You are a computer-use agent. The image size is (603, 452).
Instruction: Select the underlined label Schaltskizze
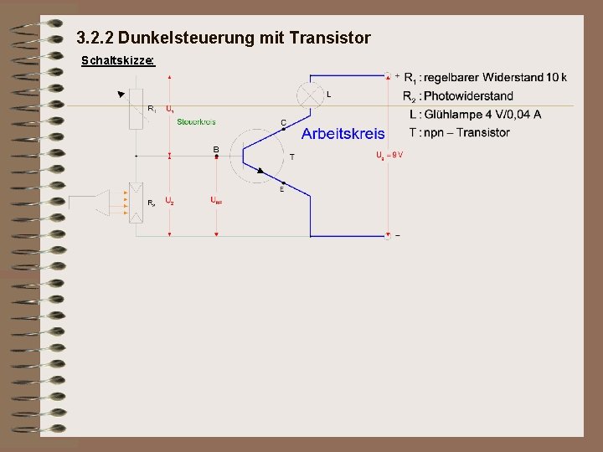pyautogui.click(x=117, y=61)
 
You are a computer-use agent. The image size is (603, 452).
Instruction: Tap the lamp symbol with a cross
pyautogui.click(x=311, y=94)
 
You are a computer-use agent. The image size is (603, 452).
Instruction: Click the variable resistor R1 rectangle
pyautogui.click(x=137, y=110)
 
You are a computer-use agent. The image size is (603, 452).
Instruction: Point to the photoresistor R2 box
pyautogui.click(x=137, y=201)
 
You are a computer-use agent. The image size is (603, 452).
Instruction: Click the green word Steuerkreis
pyautogui.click(x=196, y=121)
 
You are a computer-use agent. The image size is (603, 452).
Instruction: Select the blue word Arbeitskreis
pyautogui.click(x=343, y=134)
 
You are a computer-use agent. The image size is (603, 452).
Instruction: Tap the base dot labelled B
pyautogui.click(x=216, y=156)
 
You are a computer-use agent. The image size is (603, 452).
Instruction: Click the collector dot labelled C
pyautogui.click(x=283, y=129)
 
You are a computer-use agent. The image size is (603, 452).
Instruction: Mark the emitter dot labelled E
pyautogui.click(x=283, y=182)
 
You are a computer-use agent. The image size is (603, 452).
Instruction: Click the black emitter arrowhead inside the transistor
pyautogui.click(x=260, y=171)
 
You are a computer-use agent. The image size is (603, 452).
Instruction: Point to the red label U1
pyautogui.click(x=169, y=109)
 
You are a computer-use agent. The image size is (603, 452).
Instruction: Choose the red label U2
pyautogui.click(x=169, y=201)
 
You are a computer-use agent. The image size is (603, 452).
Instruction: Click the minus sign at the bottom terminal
pyautogui.click(x=397, y=236)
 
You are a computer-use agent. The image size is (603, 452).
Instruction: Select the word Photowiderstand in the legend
pyautogui.click(x=468, y=96)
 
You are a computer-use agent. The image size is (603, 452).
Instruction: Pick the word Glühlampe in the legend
pyautogui.click(x=456, y=115)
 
